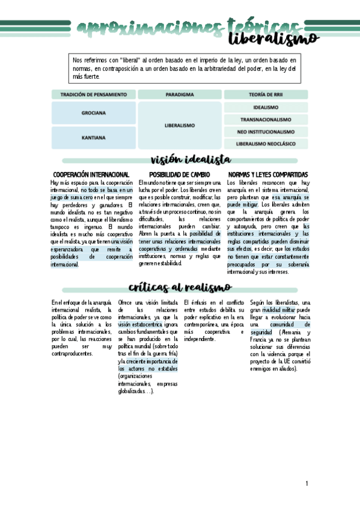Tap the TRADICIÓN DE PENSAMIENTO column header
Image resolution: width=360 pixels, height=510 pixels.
[93, 94]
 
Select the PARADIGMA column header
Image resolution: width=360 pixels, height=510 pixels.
[180, 94]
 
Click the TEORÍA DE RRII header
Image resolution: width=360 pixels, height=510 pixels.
[266, 94]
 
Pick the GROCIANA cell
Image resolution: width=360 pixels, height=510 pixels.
[93, 112]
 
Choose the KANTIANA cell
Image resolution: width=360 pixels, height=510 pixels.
[93, 137]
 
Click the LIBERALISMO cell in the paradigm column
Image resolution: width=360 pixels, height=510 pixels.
[180, 125]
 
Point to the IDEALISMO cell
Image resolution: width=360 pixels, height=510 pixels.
[266, 107]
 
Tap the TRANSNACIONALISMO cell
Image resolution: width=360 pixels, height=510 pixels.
[266, 120]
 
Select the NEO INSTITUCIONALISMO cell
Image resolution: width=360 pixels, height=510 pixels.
[266, 132]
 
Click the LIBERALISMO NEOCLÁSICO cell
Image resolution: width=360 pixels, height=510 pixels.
[266, 144]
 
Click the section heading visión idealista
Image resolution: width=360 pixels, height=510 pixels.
[191, 159]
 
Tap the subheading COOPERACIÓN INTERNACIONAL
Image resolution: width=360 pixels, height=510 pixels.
[91, 174]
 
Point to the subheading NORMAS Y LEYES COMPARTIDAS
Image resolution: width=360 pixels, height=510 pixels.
[268, 174]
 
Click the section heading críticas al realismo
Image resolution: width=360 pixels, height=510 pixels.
[180, 287]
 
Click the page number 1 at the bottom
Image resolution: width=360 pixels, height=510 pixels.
[307, 484]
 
